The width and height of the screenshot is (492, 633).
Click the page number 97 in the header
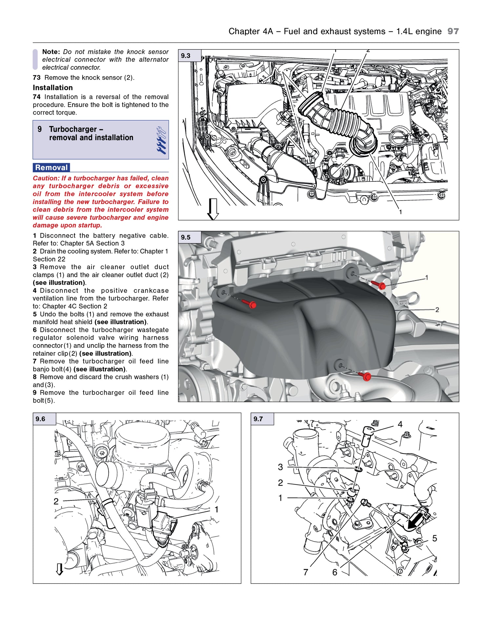[x=453, y=31]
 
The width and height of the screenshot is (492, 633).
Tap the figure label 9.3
[x=186, y=56]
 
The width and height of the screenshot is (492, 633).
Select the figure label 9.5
[x=186, y=237]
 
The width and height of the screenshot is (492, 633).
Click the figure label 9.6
[x=40, y=419]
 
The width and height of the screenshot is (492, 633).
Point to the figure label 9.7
[x=258, y=419]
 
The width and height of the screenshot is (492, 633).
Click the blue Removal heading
[x=51, y=168]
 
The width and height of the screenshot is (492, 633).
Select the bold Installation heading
[x=53, y=88]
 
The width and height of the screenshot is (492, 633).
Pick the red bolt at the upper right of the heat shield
[x=381, y=285]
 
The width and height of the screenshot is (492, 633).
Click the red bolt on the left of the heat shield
[x=252, y=305]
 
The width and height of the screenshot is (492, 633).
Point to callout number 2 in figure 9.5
[x=437, y=310]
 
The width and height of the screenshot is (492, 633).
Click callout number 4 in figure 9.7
[x=400, y=425]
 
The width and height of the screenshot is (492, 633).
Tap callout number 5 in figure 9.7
[x=435, y=538]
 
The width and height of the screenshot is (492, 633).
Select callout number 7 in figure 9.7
[x=306, y=572]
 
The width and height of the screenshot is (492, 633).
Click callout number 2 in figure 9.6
[x=56, y=501]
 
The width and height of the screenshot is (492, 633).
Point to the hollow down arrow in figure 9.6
[x=59, y=569]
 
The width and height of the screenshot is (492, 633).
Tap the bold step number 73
[x=36, y=78]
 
